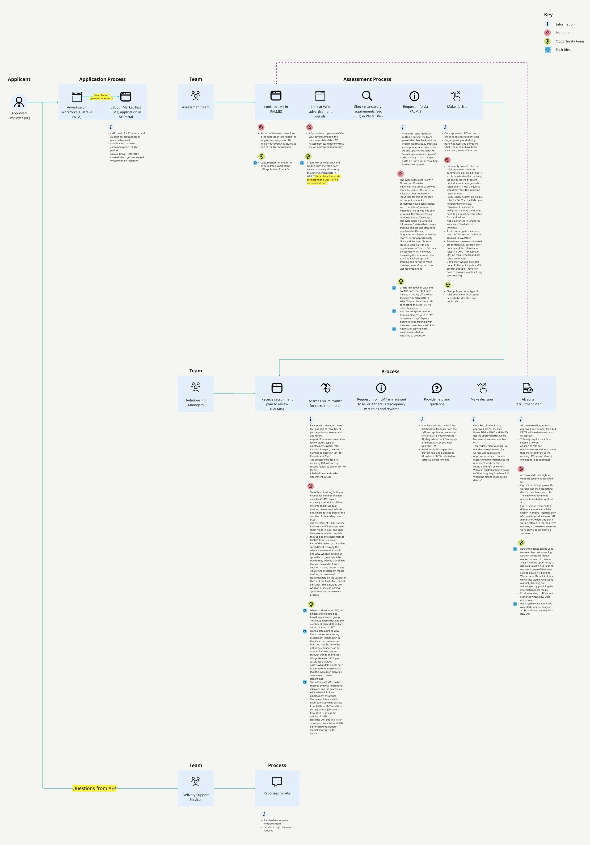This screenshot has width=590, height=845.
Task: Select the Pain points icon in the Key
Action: pos(547,33)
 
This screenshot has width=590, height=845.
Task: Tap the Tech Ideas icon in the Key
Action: pos(547,50)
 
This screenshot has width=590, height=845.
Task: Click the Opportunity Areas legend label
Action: pos(569,41)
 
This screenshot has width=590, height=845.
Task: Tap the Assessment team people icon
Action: pos(196,96)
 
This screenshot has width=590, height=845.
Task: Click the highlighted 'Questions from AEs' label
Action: pos(94,788)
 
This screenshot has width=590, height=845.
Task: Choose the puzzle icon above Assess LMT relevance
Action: pos(325,388)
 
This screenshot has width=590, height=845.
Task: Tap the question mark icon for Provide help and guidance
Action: pos(437,388)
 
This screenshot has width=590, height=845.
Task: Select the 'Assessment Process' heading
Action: pos(367,79)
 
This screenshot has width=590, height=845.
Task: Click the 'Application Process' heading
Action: pos(102,79)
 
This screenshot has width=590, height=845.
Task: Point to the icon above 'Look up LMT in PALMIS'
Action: pos(276,96)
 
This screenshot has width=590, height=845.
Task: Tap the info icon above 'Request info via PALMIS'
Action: pos(414,96)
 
